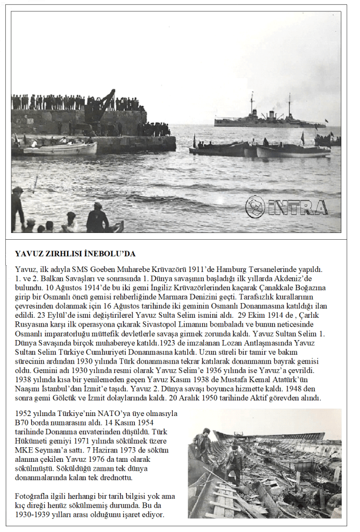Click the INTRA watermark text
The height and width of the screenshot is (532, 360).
point(299,207)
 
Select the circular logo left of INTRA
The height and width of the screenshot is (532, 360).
point(255,206)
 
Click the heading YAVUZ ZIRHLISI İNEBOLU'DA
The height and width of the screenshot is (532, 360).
point(75,254)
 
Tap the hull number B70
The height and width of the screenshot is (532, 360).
point(22,422)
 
